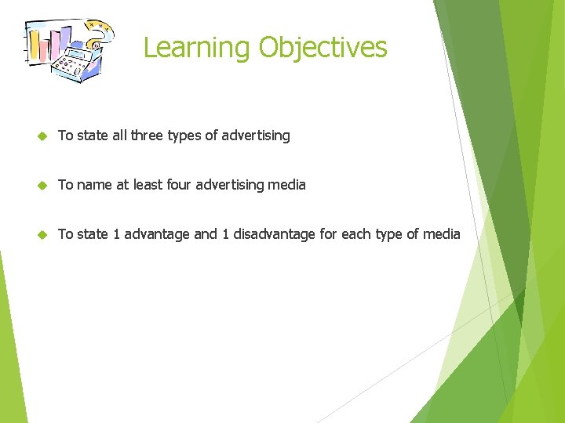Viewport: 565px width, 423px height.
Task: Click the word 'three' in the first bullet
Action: click(x=148, y=136)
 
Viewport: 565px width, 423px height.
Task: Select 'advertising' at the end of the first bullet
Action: click(x=256, y=136)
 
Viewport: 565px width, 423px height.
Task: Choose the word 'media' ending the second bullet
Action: click(x=287, y=185)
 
